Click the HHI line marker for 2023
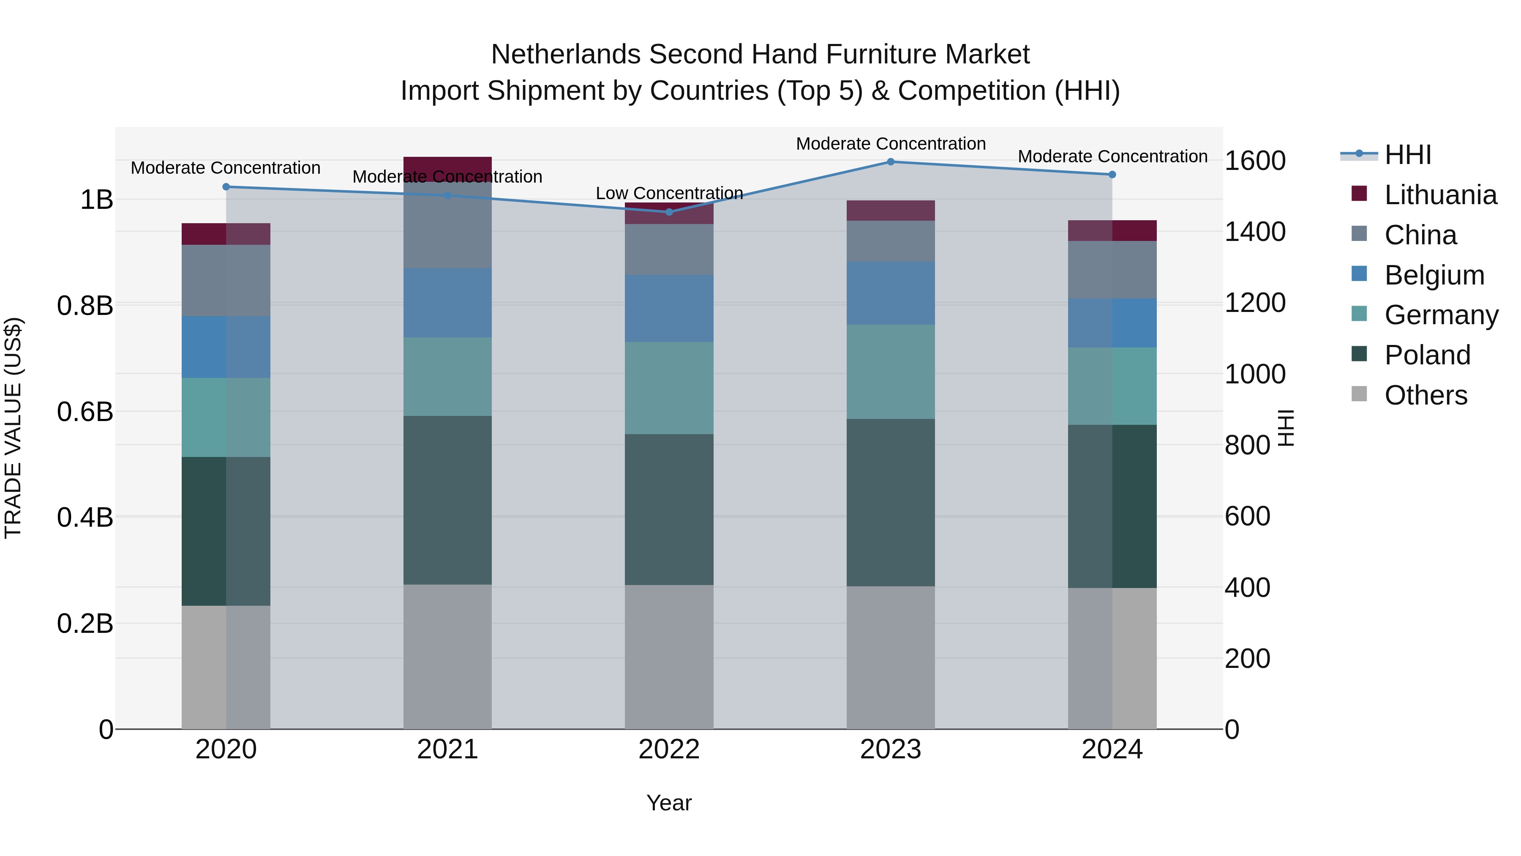[x=890, y=162]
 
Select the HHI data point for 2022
[x=669, y=212]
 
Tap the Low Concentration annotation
[x=669, y=193]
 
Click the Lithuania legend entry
[x=1440, y=195]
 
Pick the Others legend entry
[x=1426, y=395]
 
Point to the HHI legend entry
[x=1408, y=155]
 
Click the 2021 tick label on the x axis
[x=447, y=749]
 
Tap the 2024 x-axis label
[x=1112, y=749]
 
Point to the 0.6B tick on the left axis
[x=85, y=412]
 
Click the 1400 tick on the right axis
[x=1255, y=232]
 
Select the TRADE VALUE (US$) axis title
[x=13, y=428]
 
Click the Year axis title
[x=669, y=803]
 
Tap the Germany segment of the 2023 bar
[x=890, y=372]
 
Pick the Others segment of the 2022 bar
[x=669, y=656]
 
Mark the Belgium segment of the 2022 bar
[x=669, y=309]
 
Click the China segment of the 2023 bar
[x=890, y=241]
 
